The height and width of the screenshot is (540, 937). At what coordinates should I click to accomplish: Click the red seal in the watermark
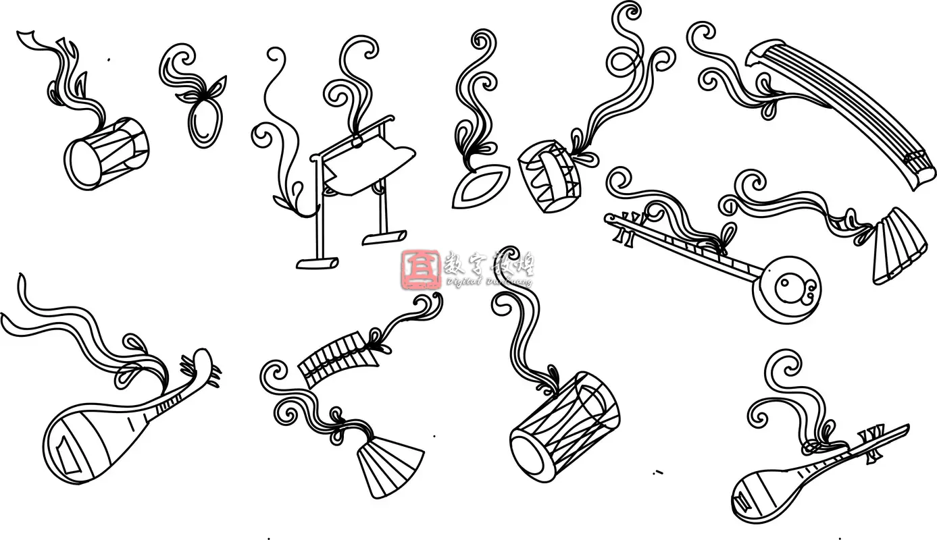point(421,269)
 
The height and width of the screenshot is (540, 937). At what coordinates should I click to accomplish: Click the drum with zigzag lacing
point(549,176)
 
